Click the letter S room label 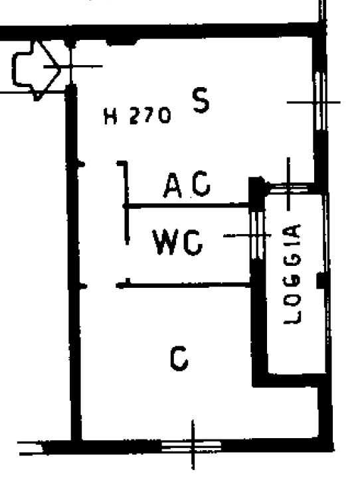201,100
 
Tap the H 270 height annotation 137,116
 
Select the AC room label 187,184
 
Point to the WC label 177,242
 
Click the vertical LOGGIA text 292,274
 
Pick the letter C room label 179,358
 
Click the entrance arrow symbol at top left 37,70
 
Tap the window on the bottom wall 191,445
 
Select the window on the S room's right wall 320,102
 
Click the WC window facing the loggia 256,235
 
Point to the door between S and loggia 289,187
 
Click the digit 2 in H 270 135,116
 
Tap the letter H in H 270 110,116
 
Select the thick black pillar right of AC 257,193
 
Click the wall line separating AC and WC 188,205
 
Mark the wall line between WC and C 184,285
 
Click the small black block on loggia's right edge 321,281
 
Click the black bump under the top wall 123,41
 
